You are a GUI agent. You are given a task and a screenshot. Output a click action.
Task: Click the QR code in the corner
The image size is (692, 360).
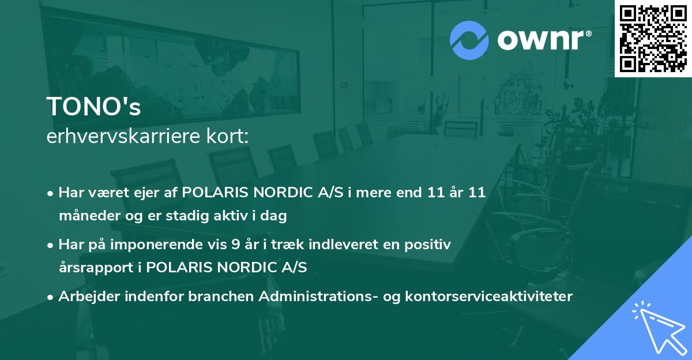[x=653, y=39]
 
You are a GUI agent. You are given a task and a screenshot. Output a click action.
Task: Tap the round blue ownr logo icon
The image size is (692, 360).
[x=469, y=40]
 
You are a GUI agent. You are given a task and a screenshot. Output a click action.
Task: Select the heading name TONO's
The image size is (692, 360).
[x=93, y=107]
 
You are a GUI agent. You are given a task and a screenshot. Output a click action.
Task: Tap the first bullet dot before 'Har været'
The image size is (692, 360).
[x=51, y=194]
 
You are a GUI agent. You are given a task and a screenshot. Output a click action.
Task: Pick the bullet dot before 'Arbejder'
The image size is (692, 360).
[x=51, y=297]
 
